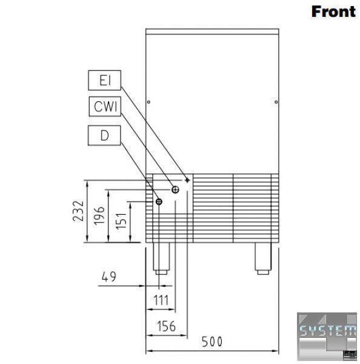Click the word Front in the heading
click(333, 12)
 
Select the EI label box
click(105, 80)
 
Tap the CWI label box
click(105, 107)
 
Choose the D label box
click(104, 135)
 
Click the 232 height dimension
click(78, 211)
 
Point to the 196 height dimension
click(99, 215)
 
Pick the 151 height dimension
click(121, 221)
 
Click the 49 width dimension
click(109, 276)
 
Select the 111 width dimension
click(161, 300)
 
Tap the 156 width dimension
click(166, 326)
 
